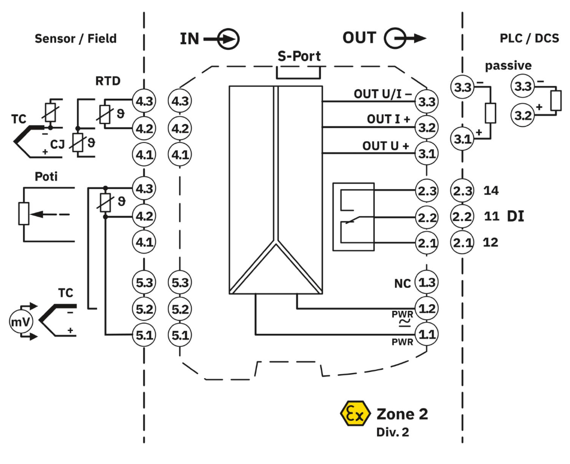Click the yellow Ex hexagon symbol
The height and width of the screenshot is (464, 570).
355,415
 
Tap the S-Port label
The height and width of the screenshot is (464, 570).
299,56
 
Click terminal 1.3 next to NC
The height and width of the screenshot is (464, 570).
427,282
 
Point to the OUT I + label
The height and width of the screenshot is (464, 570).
388,119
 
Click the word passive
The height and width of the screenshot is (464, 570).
508,66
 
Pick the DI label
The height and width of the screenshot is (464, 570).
516,216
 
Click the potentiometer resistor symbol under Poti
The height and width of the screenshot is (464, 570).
24,214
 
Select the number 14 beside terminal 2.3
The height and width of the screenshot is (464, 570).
491,191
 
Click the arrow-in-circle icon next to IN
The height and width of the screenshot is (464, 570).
228,39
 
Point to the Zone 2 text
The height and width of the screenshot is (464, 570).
402,415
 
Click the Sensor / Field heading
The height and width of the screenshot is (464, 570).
76,39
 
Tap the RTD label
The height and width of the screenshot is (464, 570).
107,81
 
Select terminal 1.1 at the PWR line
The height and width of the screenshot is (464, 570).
427,335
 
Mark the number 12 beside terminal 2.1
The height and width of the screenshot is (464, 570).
491,242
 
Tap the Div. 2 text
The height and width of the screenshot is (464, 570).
393,433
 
